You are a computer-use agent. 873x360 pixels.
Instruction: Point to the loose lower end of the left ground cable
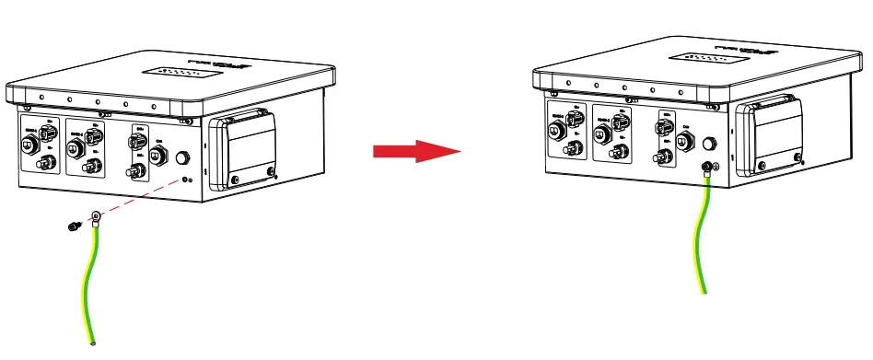point(93,343)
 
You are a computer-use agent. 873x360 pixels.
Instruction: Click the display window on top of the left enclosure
point(174,72)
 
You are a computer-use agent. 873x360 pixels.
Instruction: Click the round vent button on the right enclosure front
point(710,144)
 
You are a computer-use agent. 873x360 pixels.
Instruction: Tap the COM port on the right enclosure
point(685,144)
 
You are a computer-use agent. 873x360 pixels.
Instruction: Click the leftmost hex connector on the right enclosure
point(557,128)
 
